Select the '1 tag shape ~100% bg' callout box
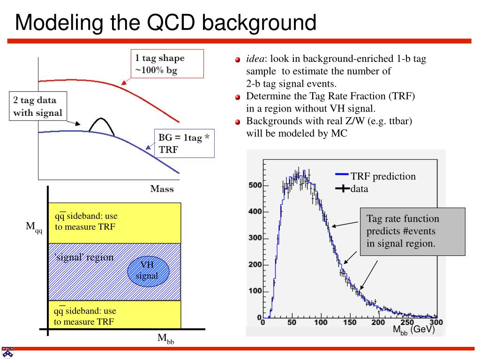pyautogui.click(x=166, y=63)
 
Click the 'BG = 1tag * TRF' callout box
pyautogui.click(x=184, y=143)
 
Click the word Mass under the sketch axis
pyautogui.click(x=162, y=189)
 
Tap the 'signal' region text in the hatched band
pyautogui.click(x=84, y=257)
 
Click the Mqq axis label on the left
pyautogui.click(x=34, y=228)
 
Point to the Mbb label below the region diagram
pyautogui.click(x=165, y=338)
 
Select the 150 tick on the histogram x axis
pyautogui.click(x=350, y=323)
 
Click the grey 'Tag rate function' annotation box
pyautogui.click(x=412, y=232)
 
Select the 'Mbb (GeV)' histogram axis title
pyautogui.click(x=413, y=330)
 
